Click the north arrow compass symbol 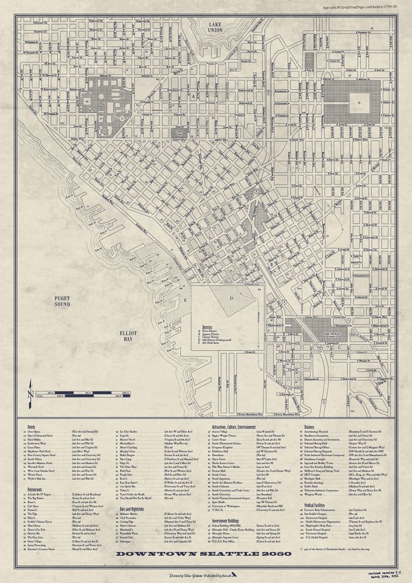click(x=30, y=389)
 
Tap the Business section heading click(x=309, y=426)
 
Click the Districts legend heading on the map click(x=210, y=327)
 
